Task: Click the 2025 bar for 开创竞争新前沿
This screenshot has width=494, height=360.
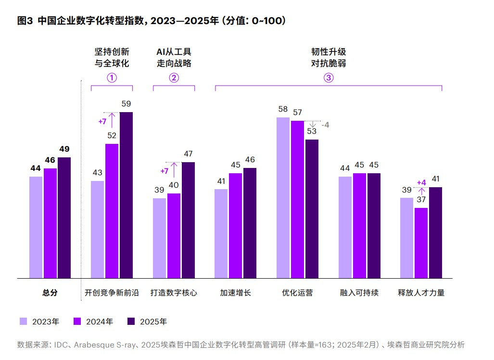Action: coord(126,195)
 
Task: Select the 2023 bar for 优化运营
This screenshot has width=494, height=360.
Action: coord(283,197)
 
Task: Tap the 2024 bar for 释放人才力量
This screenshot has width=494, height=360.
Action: coord(421,243)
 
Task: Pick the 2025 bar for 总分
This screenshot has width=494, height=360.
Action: coord(64,218)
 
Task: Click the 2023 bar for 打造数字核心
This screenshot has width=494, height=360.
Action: coord(159,238)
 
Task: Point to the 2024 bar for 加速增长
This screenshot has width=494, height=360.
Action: coord(236,225)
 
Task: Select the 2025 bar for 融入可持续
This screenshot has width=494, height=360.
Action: coord(374,225)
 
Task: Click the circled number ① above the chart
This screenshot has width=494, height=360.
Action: coord(112,77)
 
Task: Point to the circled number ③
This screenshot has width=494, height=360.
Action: coord(328,77)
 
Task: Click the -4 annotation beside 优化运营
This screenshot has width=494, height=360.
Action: coord(325,125)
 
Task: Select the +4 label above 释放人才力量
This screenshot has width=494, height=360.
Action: coord(421,182)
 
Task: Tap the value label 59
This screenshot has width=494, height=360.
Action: coord(126,103)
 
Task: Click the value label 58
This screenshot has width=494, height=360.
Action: coord(283,109)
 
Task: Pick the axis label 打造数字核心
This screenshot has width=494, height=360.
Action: coord(174,293)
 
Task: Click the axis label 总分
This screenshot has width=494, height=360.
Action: coord(50,293)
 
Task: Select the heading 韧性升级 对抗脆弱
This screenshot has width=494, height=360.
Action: coord(328,57)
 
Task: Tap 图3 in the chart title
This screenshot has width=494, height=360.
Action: coord(25,21)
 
